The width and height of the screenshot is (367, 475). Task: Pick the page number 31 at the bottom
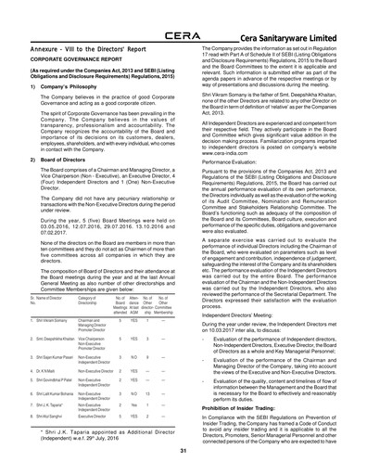(183, 451)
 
